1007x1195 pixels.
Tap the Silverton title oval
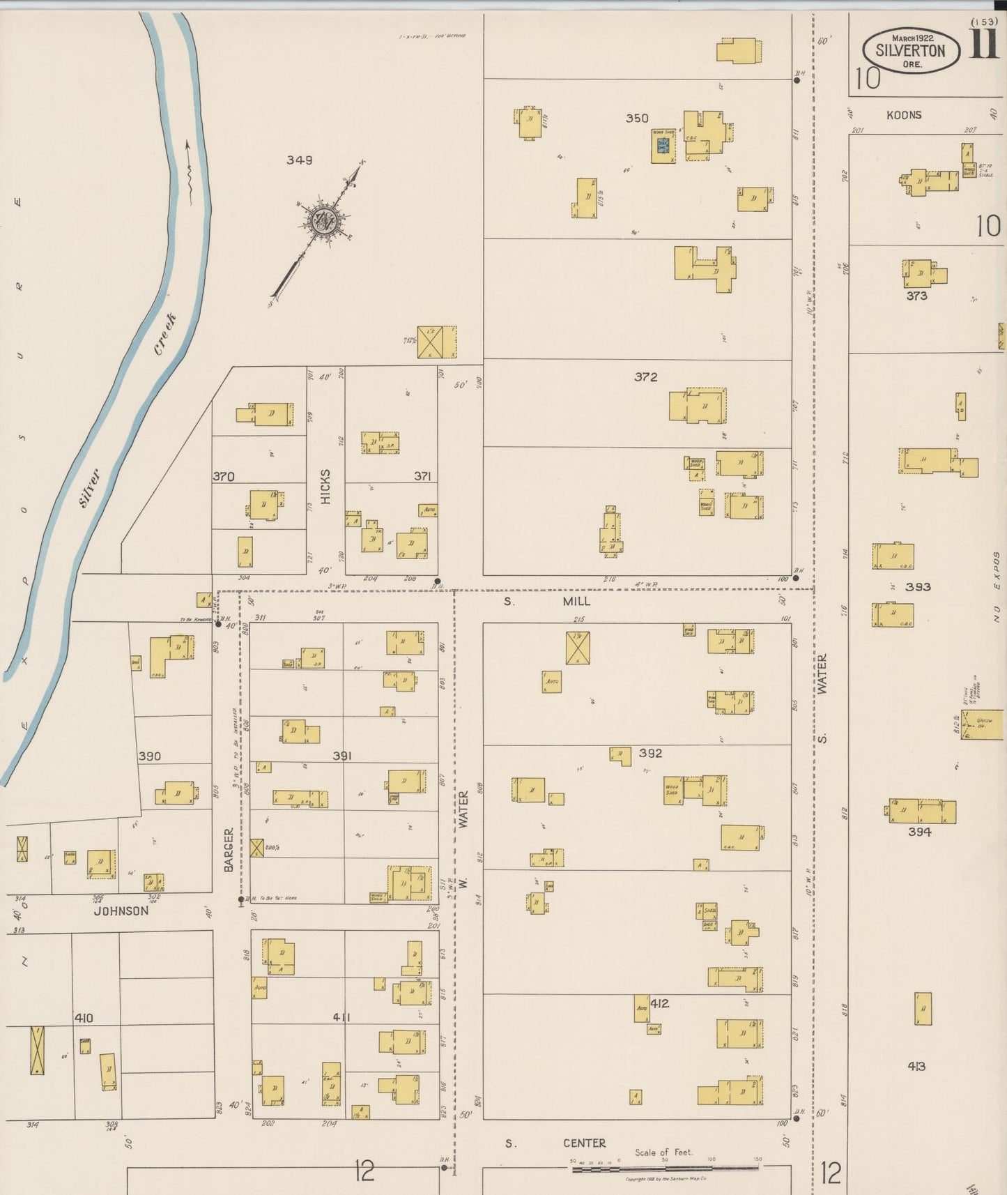(910, 50)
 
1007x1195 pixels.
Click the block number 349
(299, 160)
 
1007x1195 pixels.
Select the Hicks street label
(325, 486)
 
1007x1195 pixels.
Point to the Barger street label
(229, 850)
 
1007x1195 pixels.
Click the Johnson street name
(121, 911)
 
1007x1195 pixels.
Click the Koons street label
(904, 115)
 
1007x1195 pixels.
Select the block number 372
(645, 376)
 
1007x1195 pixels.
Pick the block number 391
(341, 756)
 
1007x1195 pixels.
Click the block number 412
(659, 1003)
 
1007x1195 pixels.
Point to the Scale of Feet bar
(664, 1168)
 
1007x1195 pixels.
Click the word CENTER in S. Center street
(584, 1143)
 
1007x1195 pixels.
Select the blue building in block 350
(663, 146)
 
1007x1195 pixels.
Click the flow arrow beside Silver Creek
(188, 167)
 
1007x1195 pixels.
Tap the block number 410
(84, 1018)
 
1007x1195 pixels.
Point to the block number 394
(919, 831)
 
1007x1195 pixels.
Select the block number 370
(223, 476)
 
